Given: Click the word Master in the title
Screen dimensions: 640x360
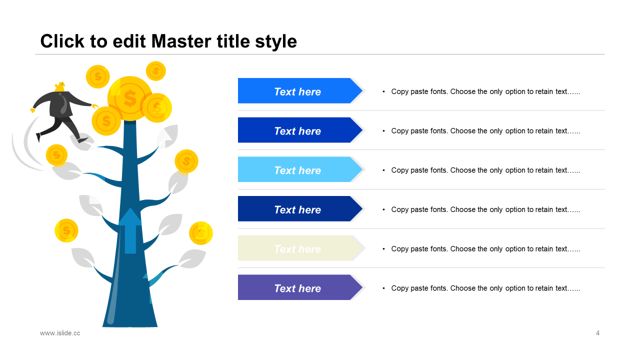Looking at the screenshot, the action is [181, 41].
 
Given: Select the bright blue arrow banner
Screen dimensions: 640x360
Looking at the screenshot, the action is [300, 90].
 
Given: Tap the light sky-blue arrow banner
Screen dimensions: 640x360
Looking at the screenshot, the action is [300, 169].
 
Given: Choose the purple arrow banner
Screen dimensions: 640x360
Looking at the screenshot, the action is [300, 287].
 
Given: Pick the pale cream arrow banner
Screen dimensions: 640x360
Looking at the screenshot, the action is [300, 248].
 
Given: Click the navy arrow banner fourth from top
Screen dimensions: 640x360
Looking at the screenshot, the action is [300, 208].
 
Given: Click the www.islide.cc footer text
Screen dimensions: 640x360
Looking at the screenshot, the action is [60, 333].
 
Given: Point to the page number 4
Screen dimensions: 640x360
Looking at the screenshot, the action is [597, 333].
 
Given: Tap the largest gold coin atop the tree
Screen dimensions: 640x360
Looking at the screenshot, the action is [130, 98].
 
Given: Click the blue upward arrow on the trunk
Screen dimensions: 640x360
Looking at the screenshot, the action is [130, 230].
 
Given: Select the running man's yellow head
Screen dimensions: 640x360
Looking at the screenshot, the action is [60, 87].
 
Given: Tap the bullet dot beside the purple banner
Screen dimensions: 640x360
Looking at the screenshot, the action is [383, 288].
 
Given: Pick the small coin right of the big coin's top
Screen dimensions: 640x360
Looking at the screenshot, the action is [155, 71].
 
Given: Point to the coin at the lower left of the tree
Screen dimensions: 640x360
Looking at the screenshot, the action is [66, 230].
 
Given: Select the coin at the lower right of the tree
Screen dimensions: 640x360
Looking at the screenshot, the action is [201, 233].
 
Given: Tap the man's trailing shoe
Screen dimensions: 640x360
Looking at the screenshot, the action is [38, 137].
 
